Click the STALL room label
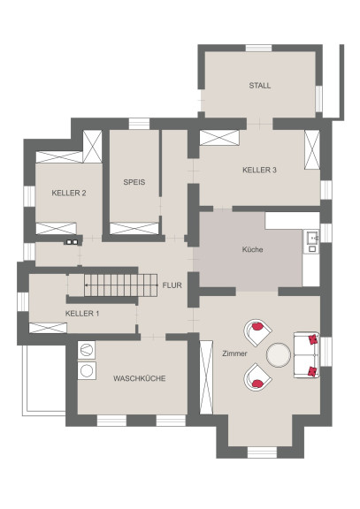[259, 86]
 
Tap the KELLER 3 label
[259, 170]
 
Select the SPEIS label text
[134, 182]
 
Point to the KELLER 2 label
[69, 194]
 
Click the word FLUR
[172, 285]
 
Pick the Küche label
[252, 249]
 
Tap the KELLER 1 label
[82, 314]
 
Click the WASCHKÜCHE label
[140, 378]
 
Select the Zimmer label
[234, 353]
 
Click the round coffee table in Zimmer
[279, 355]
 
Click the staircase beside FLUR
[121, 285]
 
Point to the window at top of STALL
[258, 48]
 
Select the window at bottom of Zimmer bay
[262, 452]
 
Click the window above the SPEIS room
[139, 124]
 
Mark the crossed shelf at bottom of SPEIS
[134, 228]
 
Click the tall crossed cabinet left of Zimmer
[206, 377]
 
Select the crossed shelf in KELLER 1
[48, 328]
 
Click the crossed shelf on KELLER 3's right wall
[312, 149]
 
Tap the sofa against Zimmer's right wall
[307, 355]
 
